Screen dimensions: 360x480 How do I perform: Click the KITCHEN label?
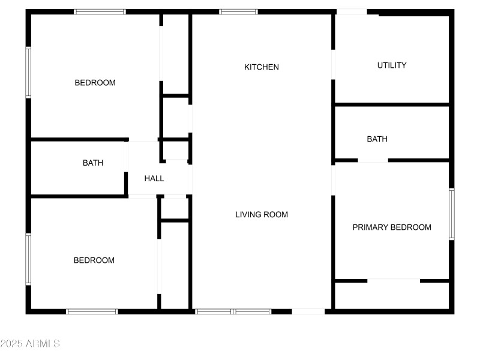tap(262, 67)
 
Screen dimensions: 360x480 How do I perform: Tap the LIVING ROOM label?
tap(262, 214)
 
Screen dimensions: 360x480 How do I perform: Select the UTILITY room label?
tap(392, 65)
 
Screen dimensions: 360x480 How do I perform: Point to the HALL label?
tap(154, 178)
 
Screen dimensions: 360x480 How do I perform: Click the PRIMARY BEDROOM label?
tap(392, 227)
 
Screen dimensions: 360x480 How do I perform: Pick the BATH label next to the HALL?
tap(93, 163)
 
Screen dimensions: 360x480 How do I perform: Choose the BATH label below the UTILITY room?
tap(377, 139)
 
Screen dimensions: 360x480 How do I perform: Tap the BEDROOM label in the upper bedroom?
tap(95, 83)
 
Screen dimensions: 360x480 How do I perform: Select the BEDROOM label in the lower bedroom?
tap(94, 260)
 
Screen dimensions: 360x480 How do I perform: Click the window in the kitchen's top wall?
tap(238, 11)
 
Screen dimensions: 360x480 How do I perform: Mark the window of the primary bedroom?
tap(451, 214)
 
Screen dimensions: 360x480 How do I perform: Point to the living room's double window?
tap(233, 311)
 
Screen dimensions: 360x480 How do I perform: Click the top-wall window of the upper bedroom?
tap(100, 11)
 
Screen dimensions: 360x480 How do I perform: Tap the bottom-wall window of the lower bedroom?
tap(92, 311)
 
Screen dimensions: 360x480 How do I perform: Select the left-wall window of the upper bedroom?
tap(28, 72)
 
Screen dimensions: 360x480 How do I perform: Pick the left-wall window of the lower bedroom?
tap(28, 259)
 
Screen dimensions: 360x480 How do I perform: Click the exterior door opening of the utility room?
tap(352, 11)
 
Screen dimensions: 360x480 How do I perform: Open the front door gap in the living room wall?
tap(308, 311)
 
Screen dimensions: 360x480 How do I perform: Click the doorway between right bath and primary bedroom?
tap(373, 160)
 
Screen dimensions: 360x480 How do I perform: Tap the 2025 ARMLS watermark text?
tap(30, 344)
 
